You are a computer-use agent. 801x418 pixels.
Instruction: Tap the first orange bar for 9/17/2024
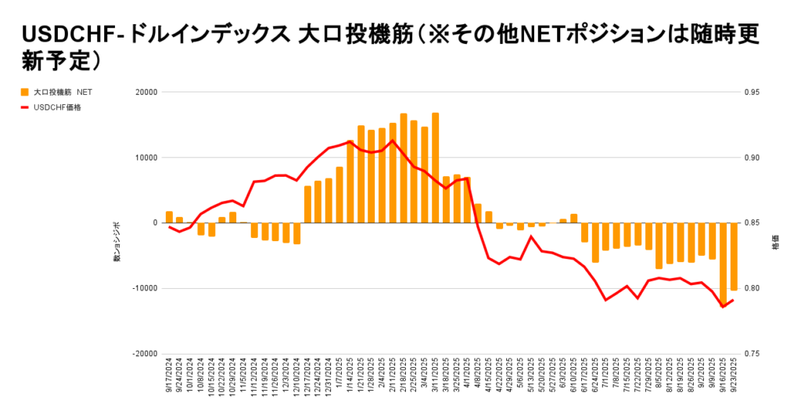pyautogui.click(x=169, y=217)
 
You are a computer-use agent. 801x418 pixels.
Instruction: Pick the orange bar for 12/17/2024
pyautogui.click(x=307, y=204)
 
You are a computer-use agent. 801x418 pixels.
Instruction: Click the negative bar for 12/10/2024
pyautogui.click(x=297, y=233)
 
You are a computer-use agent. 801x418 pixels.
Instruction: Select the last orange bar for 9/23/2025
pyautogui.click(x=734, y=257)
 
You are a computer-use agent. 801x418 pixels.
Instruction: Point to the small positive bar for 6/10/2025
pyautogui.click(x=573, y=218)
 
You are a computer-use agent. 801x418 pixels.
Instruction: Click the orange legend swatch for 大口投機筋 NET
pyautogui.click(x=25, y=92)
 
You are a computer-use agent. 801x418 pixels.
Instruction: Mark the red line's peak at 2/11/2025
pyautogui.click(x=393, y=140)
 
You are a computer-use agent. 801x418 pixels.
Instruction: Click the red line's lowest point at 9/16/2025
pyautogui.click(x=723, y=307)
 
